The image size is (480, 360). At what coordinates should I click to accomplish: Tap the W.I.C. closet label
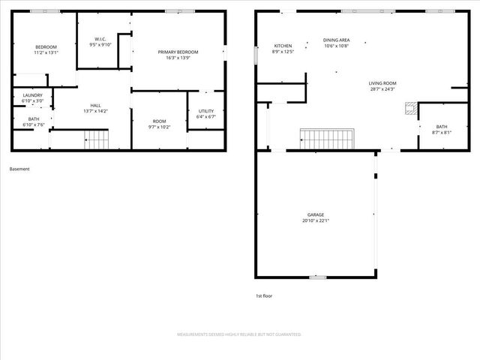coord(100,39)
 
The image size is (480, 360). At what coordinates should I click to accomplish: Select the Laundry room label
coord(32,95)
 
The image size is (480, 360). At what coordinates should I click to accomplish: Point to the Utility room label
coord(206,111)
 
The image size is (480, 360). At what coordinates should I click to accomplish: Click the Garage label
coord(315,214)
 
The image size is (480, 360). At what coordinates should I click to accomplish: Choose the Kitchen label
coord(283,46)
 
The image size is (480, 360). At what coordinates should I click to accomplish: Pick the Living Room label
coord(382,83)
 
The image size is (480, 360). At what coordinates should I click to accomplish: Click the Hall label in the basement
coord(96,105)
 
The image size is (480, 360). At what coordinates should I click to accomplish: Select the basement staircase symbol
coord(96,139)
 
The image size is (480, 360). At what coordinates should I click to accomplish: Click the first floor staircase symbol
coord(327,139)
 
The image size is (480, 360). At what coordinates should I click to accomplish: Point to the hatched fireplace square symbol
coord(409,107)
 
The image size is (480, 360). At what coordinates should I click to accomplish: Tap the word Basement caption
coord(19,169)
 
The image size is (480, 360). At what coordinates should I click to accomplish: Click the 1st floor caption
coord(264,295)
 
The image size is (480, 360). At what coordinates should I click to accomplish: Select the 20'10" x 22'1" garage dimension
coord(315,220)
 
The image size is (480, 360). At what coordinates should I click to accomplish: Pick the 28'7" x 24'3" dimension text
coord(382,89)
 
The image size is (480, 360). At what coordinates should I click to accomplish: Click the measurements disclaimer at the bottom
coord(239,334)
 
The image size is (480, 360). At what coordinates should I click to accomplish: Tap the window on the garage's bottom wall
coord(318,277)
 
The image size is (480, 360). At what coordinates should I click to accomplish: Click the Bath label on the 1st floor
coord(441,127)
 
